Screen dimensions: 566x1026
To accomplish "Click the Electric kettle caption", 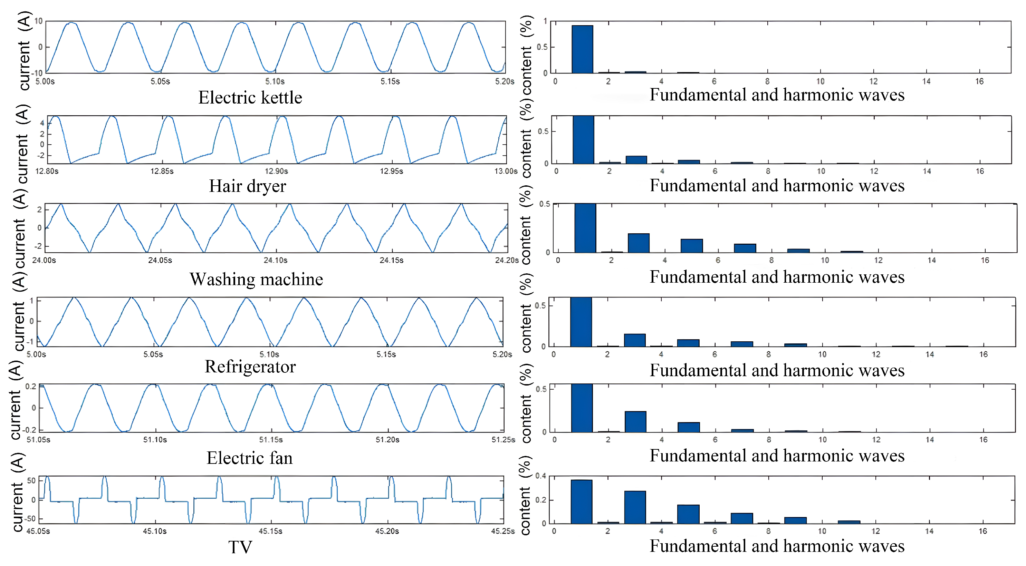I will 250,98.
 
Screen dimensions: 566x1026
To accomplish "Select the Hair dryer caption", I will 247,186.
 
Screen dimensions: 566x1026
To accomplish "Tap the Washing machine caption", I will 256,279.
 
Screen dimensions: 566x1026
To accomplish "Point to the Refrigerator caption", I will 250,367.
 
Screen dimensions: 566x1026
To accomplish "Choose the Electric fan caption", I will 249,458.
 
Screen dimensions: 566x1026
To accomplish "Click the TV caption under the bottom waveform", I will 240,547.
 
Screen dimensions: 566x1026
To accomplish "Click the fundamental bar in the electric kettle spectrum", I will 582,49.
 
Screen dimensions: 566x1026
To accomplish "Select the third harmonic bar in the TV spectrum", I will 635,507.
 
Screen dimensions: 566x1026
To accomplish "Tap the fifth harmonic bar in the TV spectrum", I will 688,514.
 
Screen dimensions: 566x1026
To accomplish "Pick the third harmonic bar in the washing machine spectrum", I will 639,243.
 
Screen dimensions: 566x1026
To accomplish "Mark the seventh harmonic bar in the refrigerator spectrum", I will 742,344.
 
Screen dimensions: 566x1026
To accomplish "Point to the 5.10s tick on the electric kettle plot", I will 275,81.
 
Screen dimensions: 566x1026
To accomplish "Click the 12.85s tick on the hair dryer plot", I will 162,171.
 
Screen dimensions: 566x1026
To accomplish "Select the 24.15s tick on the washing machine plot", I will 391,260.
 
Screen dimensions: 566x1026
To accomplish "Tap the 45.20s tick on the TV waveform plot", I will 387,531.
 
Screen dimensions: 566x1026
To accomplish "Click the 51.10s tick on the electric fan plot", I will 155,440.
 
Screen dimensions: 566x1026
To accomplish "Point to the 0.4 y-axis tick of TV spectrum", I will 540,476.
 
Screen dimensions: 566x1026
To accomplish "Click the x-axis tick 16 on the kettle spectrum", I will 979,81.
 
